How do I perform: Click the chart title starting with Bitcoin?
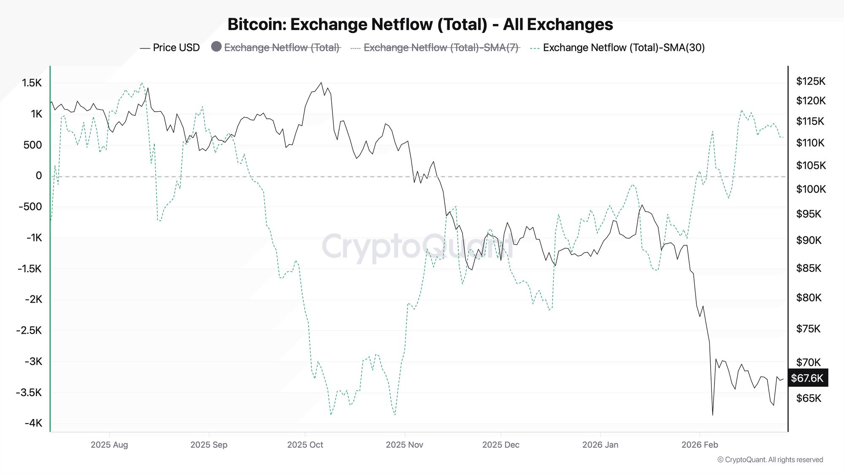tap(420, 24)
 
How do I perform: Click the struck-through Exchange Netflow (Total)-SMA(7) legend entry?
tap(441, 48)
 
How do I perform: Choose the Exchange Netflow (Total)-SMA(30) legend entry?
tap(623, 48)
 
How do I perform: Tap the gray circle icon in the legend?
tap(216, 47)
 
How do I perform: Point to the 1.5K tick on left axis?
tap(32, 83)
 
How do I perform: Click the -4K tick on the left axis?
tap(33, 423)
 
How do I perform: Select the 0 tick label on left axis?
tap(39, 176)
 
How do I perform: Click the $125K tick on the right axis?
tap(810, 81)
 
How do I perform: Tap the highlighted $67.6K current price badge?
tap(807, 378)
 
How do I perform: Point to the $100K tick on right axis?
tap(811, 189)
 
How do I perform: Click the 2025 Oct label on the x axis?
tap(305, 445)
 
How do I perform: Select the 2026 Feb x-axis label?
tap(699, 445)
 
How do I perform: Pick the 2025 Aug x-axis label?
tap(109, 445)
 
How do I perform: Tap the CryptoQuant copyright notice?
tap(770, 460)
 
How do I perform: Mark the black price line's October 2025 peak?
tap(321, 83)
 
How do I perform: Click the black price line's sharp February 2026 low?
tap(713, 415)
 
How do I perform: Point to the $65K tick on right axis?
tap(809, 398)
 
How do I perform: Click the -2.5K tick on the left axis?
tap(30, 330)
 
